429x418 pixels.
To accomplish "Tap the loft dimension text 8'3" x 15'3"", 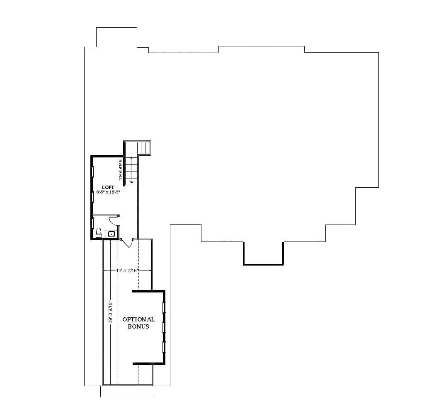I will (x=108, y=192).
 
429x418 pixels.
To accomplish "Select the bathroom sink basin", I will (x=111, y=234).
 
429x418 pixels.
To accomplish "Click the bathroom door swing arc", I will (x=114, y=221).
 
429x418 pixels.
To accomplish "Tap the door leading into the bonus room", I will (x=127, y=243).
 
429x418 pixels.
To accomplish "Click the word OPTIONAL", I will (x=138, y=319).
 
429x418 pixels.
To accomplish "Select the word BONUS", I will (x=138, y=326).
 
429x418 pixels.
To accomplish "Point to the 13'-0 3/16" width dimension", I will (x=128, y=271).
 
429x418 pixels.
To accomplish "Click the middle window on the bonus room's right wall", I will (x=164, y=327).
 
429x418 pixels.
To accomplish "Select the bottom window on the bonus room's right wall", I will (x=164, y=346).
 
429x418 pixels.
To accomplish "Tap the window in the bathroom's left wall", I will (x=92, y=222).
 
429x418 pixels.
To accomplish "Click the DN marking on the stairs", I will (x=131, y=182).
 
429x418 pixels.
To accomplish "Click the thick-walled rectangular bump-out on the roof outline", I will (x=263, y=253).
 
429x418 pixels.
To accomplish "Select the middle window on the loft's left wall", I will (x=92, y=196).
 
